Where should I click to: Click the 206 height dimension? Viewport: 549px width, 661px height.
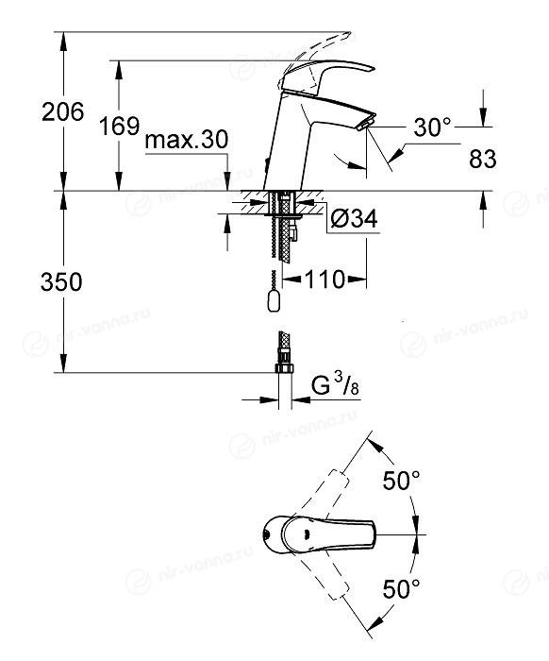pos(63,112)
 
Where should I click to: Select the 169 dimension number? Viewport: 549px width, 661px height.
pos(119,126)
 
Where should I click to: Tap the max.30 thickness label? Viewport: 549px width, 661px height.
pos(186,140)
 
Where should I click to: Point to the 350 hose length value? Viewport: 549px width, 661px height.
pos(61,281)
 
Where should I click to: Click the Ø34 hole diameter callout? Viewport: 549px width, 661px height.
pos(354,218)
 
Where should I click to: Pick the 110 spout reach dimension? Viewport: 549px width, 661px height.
pos(324,280)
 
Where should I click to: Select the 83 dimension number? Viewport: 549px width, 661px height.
pos(482,159)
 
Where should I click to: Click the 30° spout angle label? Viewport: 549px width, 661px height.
pos(432,127)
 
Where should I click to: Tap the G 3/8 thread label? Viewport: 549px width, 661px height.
pos(335,385)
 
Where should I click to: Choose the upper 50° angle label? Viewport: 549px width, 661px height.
pos(401,480)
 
